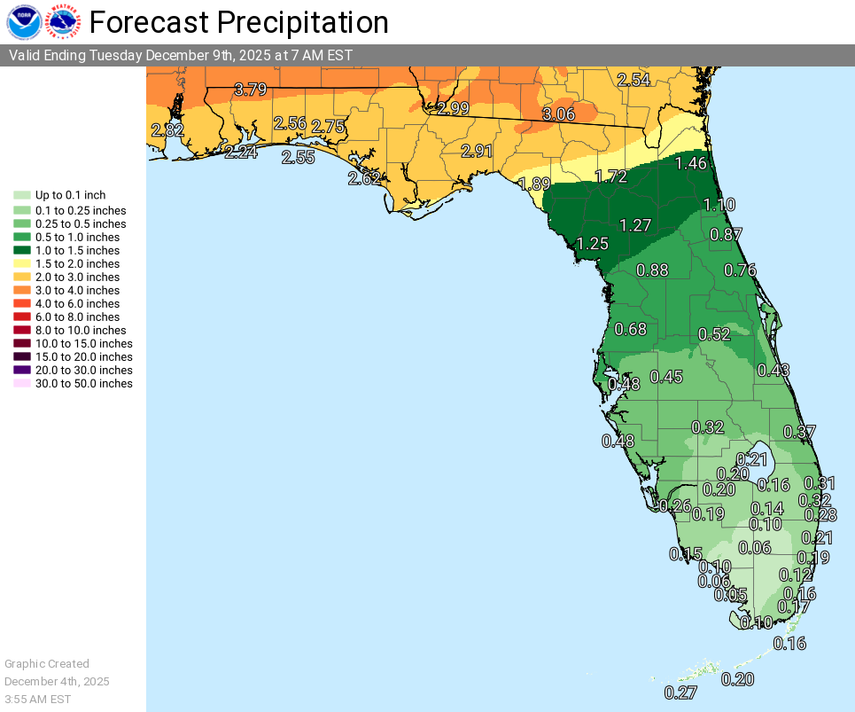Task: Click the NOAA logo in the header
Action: [x=24, y=22]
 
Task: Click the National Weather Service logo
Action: [x=64, y=22]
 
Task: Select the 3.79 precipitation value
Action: [x=251, y=89]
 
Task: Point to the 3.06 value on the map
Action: [x=558, y=114]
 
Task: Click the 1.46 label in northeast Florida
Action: [x=690, y=162]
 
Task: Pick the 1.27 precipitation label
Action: [x=635, y=224]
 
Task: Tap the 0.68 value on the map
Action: [x=630, y=329]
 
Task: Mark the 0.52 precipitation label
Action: [x=714, y=333]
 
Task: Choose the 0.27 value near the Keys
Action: [x=680, y=692]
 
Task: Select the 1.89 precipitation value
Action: [x=534, y=184]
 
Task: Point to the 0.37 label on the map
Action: [x=799, y=432]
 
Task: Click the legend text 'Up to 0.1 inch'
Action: [x=70, y=195]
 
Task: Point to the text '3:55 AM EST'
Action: [x=37, y=699]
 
